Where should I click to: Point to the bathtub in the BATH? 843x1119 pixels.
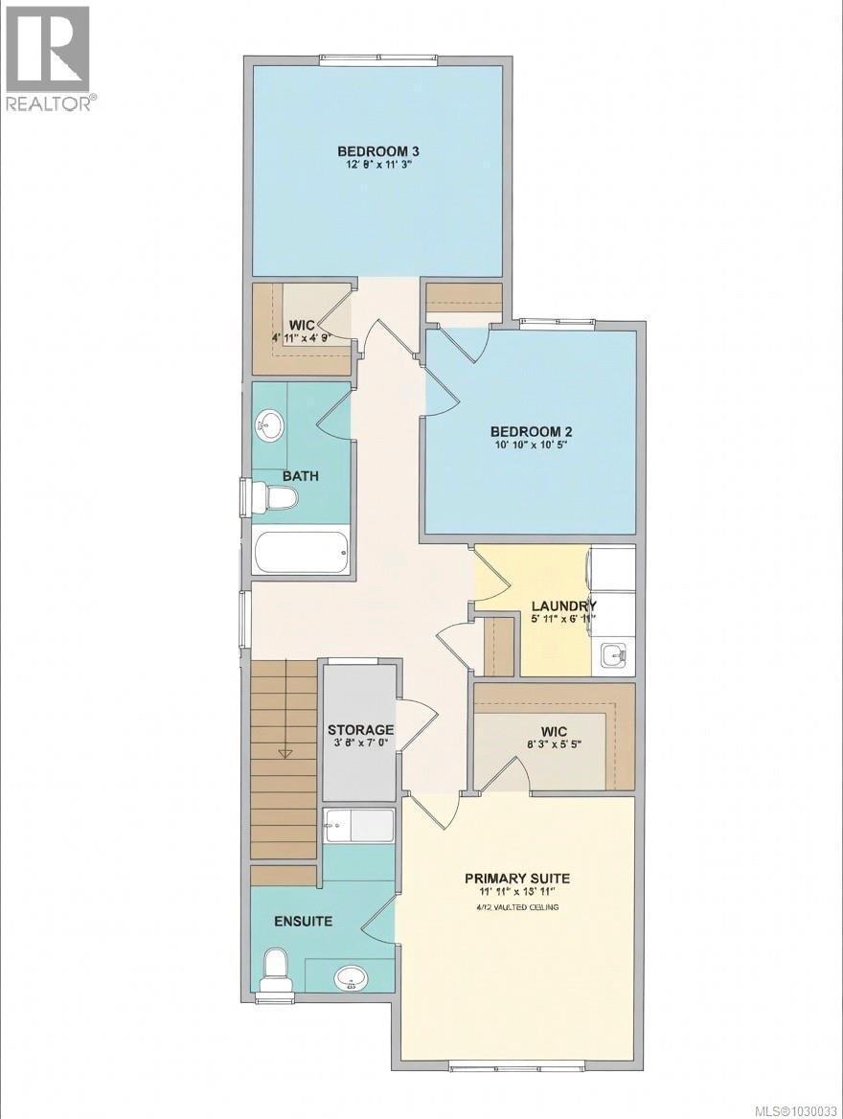301,552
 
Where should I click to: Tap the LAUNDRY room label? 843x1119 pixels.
564,605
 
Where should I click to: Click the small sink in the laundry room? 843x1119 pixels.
613,656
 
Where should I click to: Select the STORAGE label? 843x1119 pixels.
360,730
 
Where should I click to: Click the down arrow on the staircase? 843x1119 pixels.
285,754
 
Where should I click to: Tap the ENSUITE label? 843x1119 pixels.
304,922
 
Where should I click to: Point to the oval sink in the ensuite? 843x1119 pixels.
351,978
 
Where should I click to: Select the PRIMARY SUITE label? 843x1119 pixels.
517,878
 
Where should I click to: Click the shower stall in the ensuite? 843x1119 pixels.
359,826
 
